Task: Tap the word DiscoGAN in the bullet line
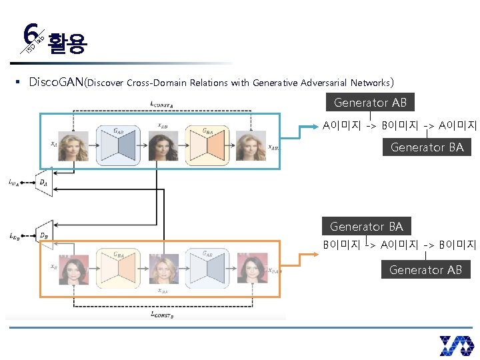pyautogui.click(x=57, y=83)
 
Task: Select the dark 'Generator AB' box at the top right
pyautogui.click(x=370, y=103)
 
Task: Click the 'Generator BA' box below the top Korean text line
pyautogui.click(x=427, y=147)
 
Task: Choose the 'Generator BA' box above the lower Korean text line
pyautogui.click(x=366, y=226)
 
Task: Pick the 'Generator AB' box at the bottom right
pyautogui.click(x=425, y=269)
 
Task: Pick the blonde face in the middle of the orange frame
pyautogui.click(x=163, y=269)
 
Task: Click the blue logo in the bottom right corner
pyautogui.click(x=456, y=345)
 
